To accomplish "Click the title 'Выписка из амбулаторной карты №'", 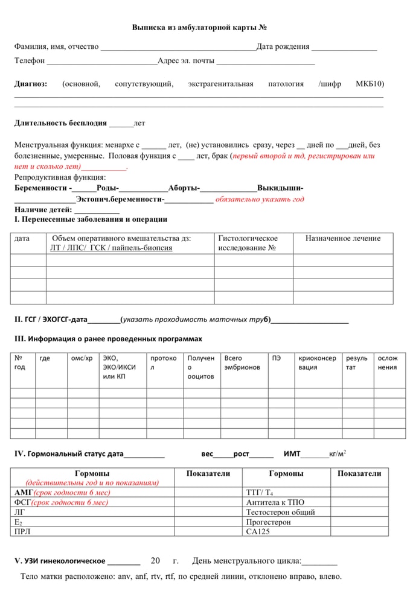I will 199,28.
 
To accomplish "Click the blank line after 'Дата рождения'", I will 344,47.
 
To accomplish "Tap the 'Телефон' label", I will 30,61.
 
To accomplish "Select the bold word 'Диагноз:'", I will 31,84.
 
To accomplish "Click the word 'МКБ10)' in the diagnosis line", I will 370,84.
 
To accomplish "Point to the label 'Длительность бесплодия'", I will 60,123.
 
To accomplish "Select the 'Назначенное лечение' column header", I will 342,239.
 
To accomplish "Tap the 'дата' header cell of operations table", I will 22,239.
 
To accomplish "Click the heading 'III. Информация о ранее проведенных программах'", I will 108,339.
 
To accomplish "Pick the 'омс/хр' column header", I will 82,358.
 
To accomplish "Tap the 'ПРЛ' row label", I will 22,531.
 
